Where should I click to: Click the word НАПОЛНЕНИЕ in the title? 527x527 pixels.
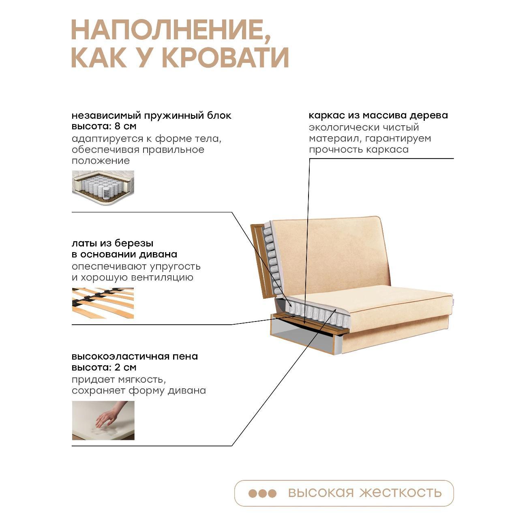pos(171,32)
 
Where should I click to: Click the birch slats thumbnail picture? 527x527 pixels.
pos(103,303)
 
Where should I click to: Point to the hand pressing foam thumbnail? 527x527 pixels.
pos(103,420)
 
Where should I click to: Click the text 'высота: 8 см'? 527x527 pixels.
pos(104,126)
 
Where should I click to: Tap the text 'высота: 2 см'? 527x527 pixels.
pos(104,367)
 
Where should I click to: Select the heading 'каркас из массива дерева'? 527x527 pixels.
pos(378,116)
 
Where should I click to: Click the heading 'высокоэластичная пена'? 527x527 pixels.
pos(135,356)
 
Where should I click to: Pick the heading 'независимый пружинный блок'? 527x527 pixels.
pos(152,116)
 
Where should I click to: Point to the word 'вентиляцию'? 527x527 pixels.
pos(163,278)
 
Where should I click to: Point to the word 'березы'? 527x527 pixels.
pos(134,243)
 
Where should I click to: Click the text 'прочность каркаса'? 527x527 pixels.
pos(358,150)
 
